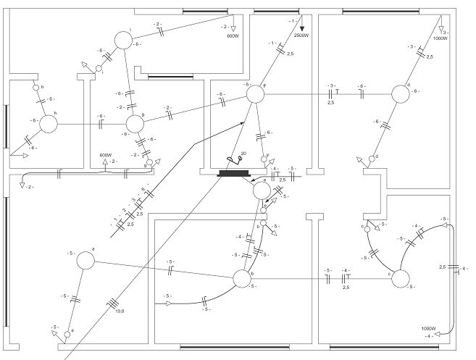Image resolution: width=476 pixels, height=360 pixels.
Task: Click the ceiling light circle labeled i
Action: [x=124, y=40]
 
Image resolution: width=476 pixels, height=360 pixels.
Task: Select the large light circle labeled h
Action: [x=48, y=124]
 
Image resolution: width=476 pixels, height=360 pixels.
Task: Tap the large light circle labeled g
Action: [x=135, y=125]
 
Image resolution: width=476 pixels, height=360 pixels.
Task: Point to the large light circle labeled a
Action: [x=85, y=261]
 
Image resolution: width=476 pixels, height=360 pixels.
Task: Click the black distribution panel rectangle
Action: [x=233, y=174]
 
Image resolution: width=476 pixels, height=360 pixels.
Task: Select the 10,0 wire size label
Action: [x=119, y=311]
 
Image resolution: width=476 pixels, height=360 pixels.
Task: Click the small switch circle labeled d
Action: [x=372, y=157]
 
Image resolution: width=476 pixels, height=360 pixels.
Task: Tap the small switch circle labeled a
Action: [x=67, y=334]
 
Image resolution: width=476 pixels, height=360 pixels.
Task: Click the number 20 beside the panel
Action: [x=243, y=153]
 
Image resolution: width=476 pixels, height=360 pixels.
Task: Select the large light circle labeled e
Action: [x=261, y=191]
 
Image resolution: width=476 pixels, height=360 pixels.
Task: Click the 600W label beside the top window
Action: [x=232, y=35]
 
